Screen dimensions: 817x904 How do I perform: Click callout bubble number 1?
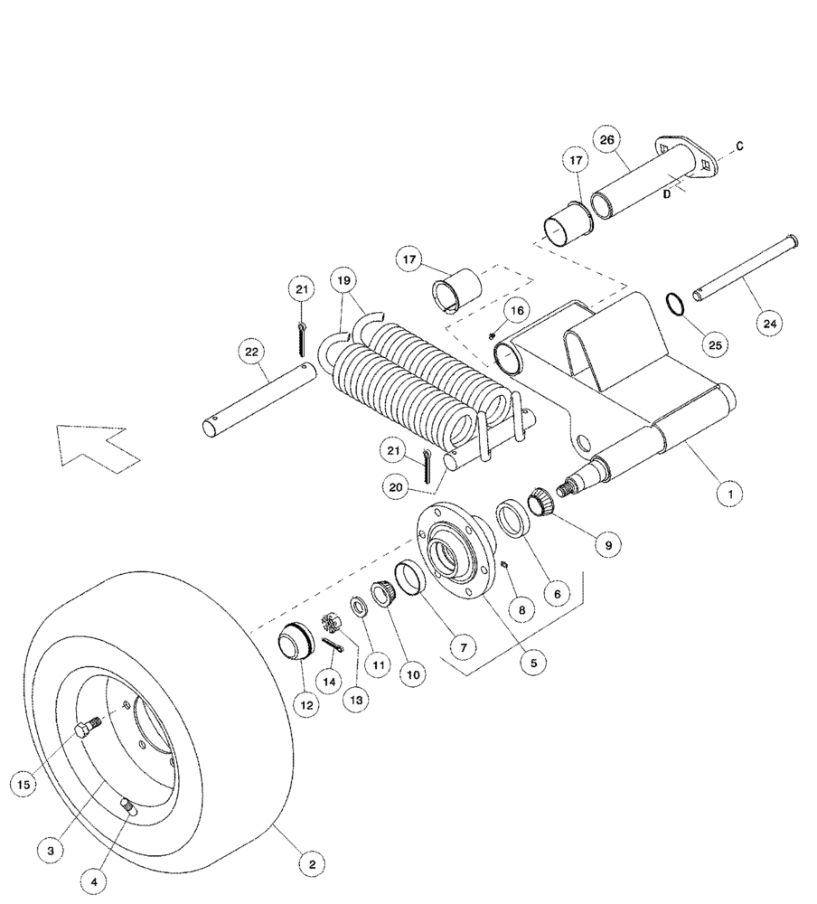tap(730, 494)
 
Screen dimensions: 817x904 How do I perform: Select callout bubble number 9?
tap(608, 545)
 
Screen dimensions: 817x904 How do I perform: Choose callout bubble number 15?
tap(25, 784)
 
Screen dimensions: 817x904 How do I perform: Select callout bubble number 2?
tap(312, 864)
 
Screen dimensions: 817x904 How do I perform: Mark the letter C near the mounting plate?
tap(740, 146)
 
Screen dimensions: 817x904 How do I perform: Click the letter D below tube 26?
tap(666, 193)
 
